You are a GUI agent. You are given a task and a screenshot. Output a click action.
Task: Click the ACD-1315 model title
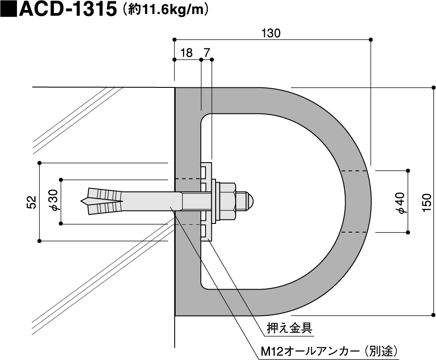[x=67, y=10]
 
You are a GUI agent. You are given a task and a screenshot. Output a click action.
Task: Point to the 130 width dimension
[x=272, y=33]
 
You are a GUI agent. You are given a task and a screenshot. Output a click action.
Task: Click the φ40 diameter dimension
[x=400, y=203]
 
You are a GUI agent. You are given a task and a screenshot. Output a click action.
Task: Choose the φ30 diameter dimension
[x=53, y=201]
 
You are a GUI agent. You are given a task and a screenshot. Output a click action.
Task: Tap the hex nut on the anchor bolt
[x=227, y=200]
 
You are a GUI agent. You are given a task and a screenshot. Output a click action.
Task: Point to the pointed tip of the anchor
[x=83, y=201]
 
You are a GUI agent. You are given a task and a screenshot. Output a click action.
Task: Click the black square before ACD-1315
[x=8, y=9]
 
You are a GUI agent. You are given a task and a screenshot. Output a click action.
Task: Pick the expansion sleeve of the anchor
[x=104, y=201]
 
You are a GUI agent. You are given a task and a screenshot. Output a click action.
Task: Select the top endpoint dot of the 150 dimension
[x=433, y=87]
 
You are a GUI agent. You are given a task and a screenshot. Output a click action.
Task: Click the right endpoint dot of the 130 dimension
[x=371, y=40]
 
